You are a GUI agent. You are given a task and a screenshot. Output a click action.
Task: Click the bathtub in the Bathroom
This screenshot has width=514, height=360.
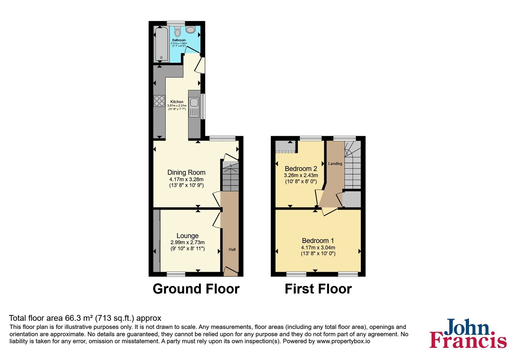click(x=161, y=44)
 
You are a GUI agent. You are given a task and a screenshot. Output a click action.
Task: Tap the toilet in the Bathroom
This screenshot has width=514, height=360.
click(x=177, y=31)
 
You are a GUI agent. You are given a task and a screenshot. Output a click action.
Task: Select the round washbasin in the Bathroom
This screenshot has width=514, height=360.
click(x=191, y=30)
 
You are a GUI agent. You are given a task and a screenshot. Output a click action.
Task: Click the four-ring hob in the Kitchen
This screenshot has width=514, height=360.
click(x=159, y=101)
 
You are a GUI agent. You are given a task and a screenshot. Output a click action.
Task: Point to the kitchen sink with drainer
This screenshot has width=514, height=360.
click(x=194, y=107)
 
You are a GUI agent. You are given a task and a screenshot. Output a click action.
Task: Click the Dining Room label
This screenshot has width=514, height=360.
click(x=186, y=172)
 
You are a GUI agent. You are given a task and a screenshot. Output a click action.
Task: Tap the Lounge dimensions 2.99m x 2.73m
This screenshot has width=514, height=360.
click(x=188, y=242)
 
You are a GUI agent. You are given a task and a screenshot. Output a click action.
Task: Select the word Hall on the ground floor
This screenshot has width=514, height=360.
click(x=232, y=249)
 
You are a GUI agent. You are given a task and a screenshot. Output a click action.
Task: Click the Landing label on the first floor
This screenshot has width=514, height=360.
click(x=335, y=164)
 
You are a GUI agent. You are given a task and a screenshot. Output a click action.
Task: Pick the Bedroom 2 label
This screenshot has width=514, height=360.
click(x=301, y=169)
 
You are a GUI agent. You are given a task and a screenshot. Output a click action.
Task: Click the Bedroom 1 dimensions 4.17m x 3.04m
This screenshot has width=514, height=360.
click(x=318, y=248)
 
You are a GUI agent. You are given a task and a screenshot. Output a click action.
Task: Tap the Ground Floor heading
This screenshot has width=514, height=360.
click(x=196, y=289)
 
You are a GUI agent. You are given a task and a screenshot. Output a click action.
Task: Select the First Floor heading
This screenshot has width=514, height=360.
click(x=318, y=289)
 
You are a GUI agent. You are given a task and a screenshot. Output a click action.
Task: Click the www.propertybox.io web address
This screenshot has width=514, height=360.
click(x=343, y=341)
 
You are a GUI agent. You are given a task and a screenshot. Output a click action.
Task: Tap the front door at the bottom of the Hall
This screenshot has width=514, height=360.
click(x=231, y=271)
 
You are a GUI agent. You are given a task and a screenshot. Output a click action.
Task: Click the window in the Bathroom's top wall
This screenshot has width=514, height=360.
click(x=176, y=23)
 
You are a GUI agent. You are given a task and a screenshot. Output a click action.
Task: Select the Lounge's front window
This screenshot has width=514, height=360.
click(x=176, y=274)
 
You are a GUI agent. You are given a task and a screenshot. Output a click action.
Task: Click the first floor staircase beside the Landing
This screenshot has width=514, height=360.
click(x=353, y=165)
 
